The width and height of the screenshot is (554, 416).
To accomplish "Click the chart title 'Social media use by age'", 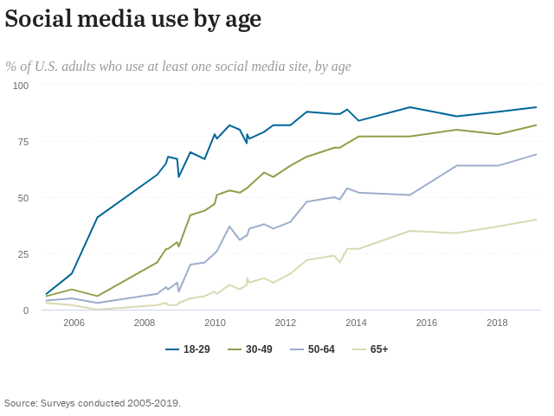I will (132, 20).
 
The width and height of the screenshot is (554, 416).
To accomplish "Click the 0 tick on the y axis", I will (26, 310).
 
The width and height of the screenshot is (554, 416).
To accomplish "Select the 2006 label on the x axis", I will (74, 323).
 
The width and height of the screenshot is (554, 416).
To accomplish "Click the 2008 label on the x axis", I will (145, 323).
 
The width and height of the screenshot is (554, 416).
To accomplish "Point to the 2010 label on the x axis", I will (215, 323).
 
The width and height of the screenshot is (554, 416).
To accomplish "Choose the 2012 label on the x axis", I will (286, 323).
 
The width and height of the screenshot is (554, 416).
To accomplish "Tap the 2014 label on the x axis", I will (356, 323).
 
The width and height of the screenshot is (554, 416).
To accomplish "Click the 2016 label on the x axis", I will (427, 323).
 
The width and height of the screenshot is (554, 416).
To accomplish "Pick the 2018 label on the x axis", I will (497, 323).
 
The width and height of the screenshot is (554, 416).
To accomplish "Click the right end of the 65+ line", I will (537, 220).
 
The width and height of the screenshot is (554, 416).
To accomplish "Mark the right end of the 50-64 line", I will (537, 155).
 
